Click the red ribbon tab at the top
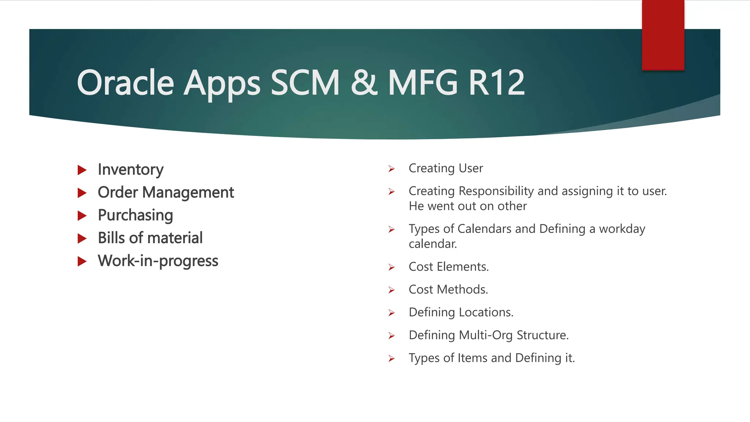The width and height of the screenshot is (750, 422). click(x=663, y=35)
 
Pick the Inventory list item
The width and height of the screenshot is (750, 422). click(x=130, y=170)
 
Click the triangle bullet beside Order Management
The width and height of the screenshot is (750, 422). click(x=82, y=193)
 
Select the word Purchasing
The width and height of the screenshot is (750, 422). click(x=135, y=215)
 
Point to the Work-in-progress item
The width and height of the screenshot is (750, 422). click(x=158, y=261)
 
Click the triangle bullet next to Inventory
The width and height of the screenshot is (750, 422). click(x=82, y=170)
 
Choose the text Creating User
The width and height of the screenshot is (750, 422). click(x=446, y=168)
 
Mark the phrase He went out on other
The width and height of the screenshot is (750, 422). click(x=468, y=206)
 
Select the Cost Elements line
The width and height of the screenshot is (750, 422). click(x=449, y=267)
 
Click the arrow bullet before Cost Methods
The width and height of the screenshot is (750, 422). click(x=391, y=290)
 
